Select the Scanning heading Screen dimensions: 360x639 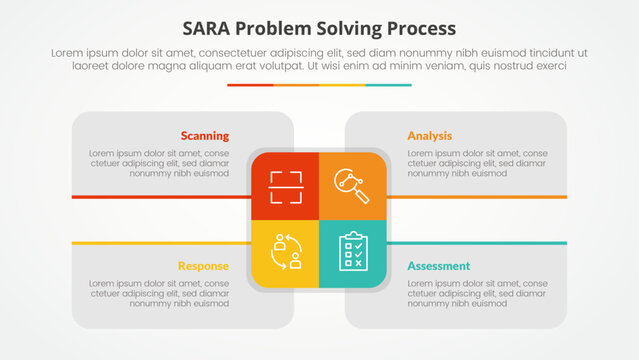(x=204, y=135)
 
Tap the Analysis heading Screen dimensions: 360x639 (x=429, y=135)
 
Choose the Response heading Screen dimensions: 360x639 (x=203, y=266)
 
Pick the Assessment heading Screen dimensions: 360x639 (x=438, y=266)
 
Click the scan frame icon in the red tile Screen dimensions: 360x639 (x=286, y=186)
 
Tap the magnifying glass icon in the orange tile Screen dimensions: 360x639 (x=352, y=186)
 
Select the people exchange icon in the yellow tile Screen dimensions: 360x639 (x=286, y=252)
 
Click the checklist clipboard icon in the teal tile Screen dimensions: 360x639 (x=352, y=252)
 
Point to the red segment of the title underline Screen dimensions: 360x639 (x=250, y=85)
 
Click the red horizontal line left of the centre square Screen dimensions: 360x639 (x=160, y=197)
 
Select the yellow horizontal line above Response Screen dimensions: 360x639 (x=160, y=243)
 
